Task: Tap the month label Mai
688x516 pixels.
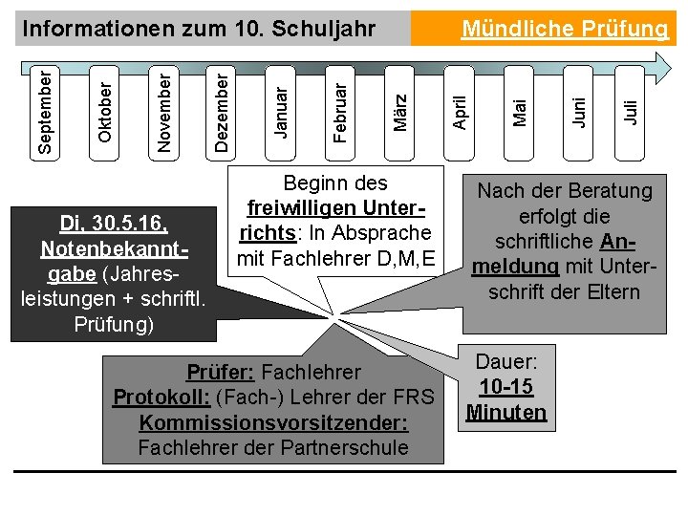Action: (521, 112)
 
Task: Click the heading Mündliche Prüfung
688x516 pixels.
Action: (565, 30)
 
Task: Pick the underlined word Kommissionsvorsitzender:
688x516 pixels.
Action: (273, 422)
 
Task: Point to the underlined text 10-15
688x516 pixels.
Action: (505, 387)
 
